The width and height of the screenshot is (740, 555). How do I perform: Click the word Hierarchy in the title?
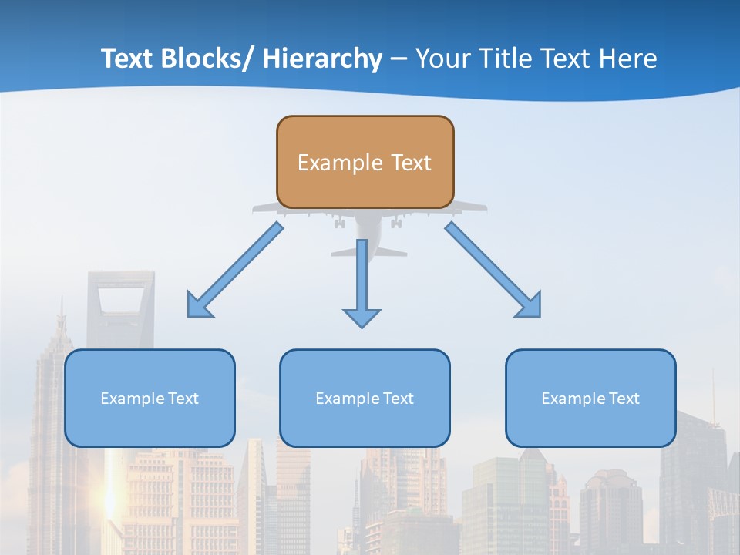pos(322,59)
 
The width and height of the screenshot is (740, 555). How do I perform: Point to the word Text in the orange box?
pos(410,163)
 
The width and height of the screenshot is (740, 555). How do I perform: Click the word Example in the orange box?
pos(340,163)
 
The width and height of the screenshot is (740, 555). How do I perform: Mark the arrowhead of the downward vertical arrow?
pos(362,317)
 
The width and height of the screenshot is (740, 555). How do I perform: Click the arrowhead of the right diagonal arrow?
pos(530,307)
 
